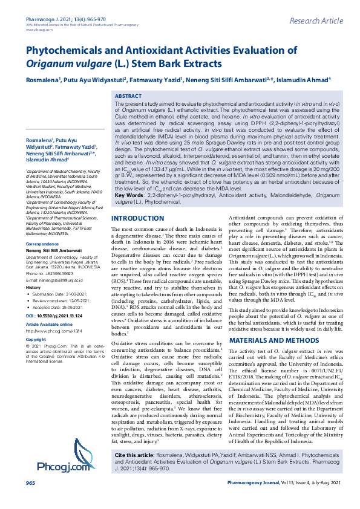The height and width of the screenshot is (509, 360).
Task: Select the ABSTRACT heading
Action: pos(128,96)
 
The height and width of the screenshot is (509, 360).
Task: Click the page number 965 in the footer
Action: pos(30,500)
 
